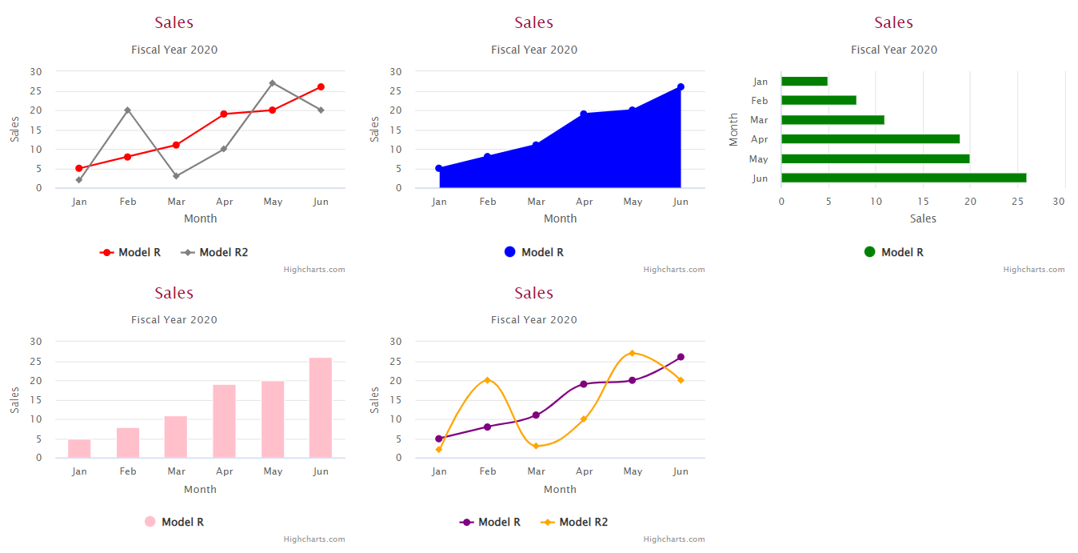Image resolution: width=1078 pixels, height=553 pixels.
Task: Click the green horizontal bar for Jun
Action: pos(903,178)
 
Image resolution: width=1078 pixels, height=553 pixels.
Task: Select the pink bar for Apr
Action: pos(224,421)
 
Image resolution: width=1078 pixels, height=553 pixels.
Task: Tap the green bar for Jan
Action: pos(804,81)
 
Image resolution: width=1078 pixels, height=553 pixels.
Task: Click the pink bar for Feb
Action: pos(128,443)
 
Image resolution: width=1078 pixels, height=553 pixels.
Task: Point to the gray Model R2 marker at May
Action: pos(273,83)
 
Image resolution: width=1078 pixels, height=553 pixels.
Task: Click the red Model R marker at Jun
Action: pos(321,86)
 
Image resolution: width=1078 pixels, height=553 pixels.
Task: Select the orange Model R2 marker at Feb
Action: pos(487,380)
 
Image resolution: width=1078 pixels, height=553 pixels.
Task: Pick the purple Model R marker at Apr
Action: pos(584,384)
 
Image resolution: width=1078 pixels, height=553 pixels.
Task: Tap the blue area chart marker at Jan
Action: pos(439,168)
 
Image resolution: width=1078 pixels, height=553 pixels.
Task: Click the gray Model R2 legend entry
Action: pos(214,252)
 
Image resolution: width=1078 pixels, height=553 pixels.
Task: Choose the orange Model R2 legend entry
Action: pos(574,522)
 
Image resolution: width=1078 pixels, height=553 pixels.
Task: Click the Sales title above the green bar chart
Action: pos(893,22)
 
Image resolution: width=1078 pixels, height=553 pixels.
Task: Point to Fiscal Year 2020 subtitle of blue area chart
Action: pos(534,50)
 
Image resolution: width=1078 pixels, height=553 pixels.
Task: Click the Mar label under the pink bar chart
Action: pos(176,471)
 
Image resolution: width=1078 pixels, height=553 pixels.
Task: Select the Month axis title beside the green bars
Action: pos(733,130)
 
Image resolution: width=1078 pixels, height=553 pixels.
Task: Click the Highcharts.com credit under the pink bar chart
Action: pos(314,539)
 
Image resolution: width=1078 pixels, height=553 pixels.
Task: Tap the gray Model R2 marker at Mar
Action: pos(176,176)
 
